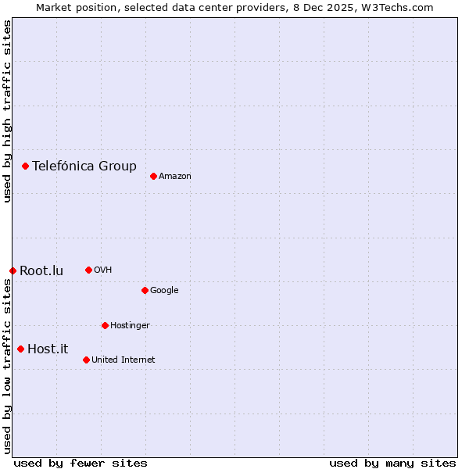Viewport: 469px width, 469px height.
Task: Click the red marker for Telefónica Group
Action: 25,166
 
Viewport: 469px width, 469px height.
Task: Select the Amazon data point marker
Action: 153,176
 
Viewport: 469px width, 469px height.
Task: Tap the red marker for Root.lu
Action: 13,270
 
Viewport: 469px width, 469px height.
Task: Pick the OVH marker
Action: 88,270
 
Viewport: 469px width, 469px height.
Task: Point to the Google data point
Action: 145,290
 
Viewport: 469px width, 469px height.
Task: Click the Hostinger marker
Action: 105,325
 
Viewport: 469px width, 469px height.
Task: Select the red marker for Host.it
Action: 20,349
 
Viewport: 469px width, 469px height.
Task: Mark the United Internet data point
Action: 86,360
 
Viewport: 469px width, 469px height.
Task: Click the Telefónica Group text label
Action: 84,166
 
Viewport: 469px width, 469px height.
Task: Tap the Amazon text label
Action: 175,177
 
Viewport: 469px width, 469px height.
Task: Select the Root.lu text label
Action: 41,271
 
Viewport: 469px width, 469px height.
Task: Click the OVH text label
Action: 103,270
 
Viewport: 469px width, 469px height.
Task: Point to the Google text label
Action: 164,291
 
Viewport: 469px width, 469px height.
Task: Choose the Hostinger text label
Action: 130,326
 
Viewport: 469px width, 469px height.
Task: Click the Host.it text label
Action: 48,349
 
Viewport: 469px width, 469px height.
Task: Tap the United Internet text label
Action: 124,360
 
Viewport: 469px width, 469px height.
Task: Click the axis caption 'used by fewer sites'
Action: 81,463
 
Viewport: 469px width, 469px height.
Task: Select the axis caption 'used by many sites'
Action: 392,463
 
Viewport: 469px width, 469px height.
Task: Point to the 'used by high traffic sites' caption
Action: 7,111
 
